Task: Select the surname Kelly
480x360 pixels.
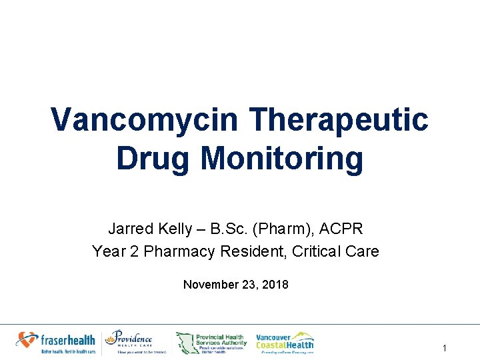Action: [x=176, y=229]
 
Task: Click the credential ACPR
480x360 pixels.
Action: [x=341, y=229]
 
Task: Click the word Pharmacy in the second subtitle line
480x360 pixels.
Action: [x=175, y=251]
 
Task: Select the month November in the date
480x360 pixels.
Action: [x=210, y=285]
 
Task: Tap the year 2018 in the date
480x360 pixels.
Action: [x=276, y=285]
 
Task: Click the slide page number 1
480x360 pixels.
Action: [x=444, y=348]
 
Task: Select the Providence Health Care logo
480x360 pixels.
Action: [x=136, y=342]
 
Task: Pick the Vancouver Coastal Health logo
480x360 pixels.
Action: [x=285, y=342]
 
